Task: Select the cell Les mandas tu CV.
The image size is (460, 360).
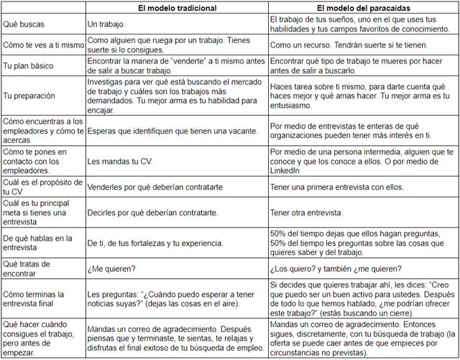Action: coord(119,160)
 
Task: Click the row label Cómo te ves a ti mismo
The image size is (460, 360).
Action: coord(41,45)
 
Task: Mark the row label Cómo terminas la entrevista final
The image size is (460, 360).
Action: coord(35,299)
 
